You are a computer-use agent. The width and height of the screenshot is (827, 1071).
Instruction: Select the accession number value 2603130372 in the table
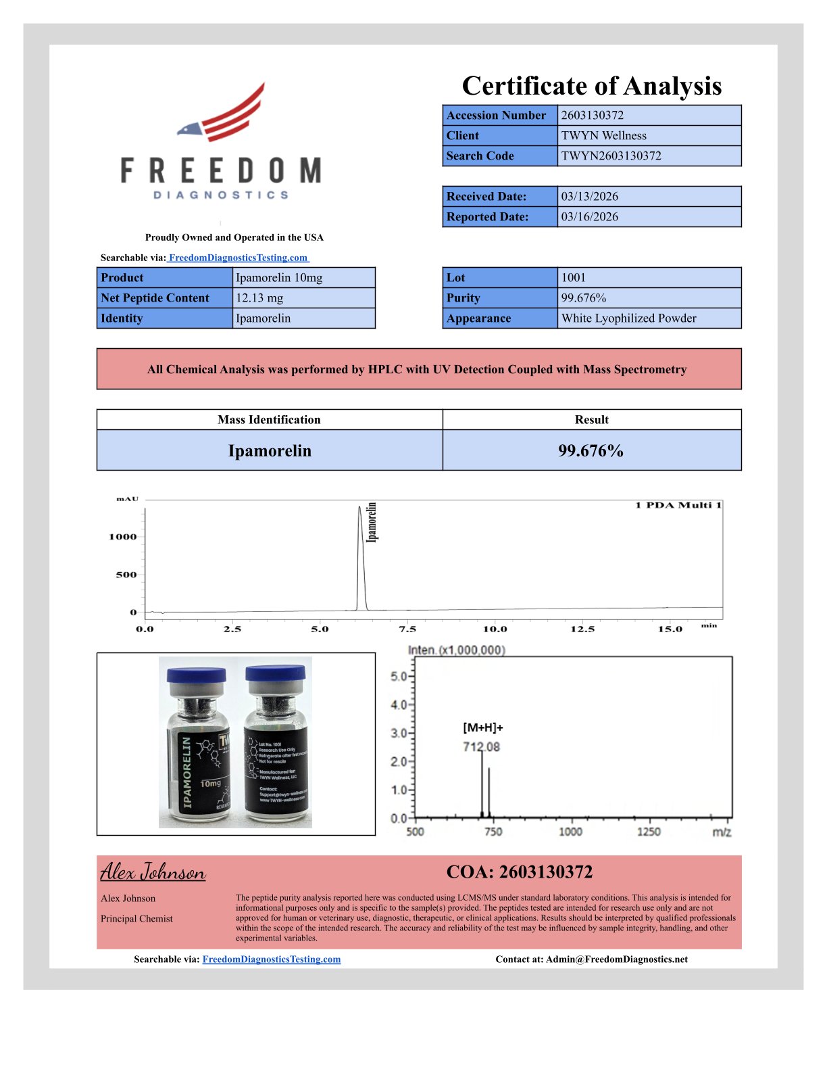[x=592, y=115]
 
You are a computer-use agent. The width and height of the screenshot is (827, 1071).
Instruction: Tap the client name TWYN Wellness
[x=603, y=135]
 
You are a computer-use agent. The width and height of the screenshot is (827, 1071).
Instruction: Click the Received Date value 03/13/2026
[x=589, y=196]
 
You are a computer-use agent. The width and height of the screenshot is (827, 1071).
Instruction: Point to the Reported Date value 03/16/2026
[x=589, y=216]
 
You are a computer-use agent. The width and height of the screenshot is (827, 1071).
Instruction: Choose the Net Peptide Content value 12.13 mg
[x=259, y=297]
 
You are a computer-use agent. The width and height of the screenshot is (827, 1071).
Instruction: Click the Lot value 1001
[x=573, y=277]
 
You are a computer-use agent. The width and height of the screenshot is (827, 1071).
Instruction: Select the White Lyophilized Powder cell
[x=628, y=318]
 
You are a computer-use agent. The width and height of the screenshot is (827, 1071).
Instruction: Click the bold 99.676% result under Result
[x=591, y=451]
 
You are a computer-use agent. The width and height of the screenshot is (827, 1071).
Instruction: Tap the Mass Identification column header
[x=269, y=419]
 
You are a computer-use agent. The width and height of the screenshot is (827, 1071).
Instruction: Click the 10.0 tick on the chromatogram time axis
[x=495, y=629]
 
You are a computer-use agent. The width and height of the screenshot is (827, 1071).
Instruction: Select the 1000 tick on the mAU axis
[x=122, y=537]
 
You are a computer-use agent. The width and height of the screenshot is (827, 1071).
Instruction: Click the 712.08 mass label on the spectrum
[x=481, y=746]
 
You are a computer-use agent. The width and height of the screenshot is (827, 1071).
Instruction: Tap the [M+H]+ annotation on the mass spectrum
[x=482, y=728]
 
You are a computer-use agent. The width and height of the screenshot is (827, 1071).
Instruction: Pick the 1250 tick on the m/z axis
[x=649, y=832]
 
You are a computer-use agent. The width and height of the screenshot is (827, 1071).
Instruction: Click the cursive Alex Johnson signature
[x=153, y=872]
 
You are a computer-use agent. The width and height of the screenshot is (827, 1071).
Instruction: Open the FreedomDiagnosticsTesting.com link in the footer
[x=271, y=959]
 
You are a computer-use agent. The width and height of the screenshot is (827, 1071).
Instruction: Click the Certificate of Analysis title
[x=591, y=86]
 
